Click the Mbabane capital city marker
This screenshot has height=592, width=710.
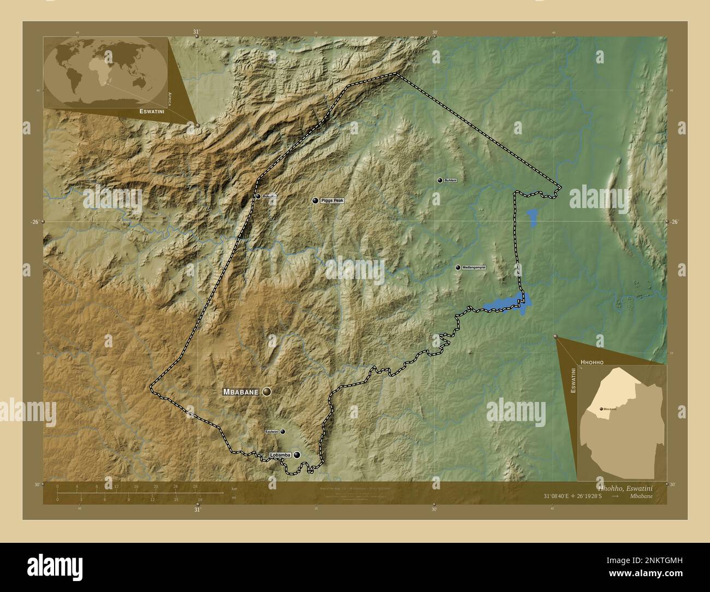(x=267, y=392)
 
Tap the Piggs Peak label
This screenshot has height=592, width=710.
(x=332, y=201)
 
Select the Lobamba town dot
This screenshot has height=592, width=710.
(x=297, y=454)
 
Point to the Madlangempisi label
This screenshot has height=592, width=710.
(x=474, y=268)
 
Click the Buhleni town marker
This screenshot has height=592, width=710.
(x=440, y=180)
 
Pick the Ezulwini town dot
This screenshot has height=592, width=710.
(x=282, y=431)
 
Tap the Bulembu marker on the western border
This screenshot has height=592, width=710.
(x=258, y=196)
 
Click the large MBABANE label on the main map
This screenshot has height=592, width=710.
(x=240, y=392)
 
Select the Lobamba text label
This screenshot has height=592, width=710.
(x=280, y=455)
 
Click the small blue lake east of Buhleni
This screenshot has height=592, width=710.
(x=532, y=217)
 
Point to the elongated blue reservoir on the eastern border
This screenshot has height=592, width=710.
(x=505, y=303)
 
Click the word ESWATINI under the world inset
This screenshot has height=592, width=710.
(x=153, y=111)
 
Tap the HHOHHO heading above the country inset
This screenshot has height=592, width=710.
(x=592, y=362)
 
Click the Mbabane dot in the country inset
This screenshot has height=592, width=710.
(x=601, y=409)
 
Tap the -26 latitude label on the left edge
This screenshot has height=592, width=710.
(x=34, y=222)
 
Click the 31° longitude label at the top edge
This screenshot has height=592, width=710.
(x=197, y=32)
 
